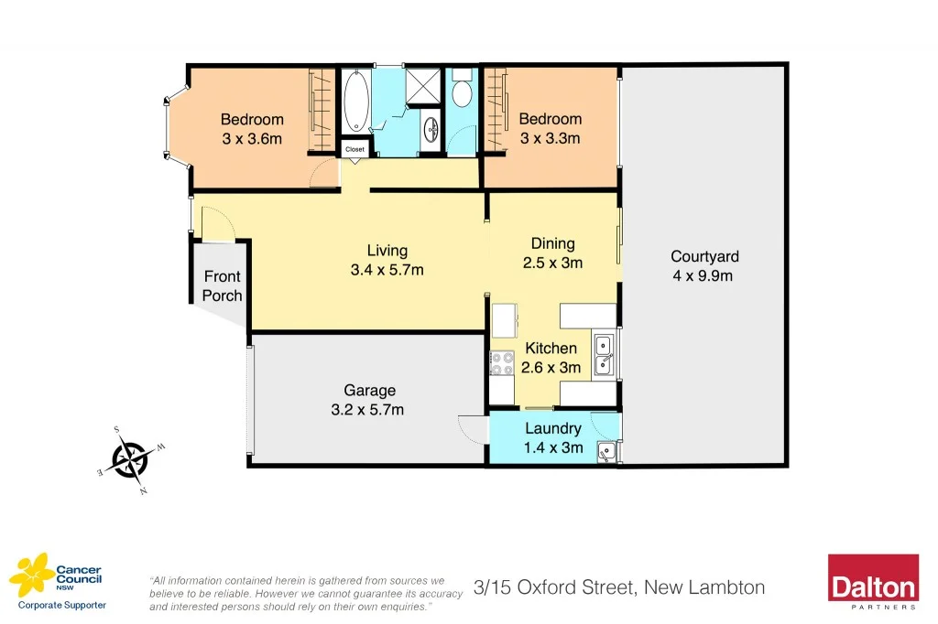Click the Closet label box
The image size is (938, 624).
[x=354, y=148]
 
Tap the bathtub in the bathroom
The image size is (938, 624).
[x=355, y=102]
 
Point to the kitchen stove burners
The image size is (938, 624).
[x=502, y=363]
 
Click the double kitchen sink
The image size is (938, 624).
[x=605, y=356]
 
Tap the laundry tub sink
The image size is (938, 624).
[x=605, y=451]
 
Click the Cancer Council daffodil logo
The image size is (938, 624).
[x=29, y=575]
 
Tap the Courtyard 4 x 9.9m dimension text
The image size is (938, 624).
[x=703, y=275]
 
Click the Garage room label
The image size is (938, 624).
[x=370, y=391]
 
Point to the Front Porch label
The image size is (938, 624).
[x=222, y=285]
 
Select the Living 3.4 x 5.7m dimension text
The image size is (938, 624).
[x=387, y=270]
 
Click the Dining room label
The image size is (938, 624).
[x=553, y=243]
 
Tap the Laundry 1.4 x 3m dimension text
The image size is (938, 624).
[x=552, y=446]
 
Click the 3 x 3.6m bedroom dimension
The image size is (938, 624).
[x=252, y=138]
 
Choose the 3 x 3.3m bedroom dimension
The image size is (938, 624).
[x=551, y=138]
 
